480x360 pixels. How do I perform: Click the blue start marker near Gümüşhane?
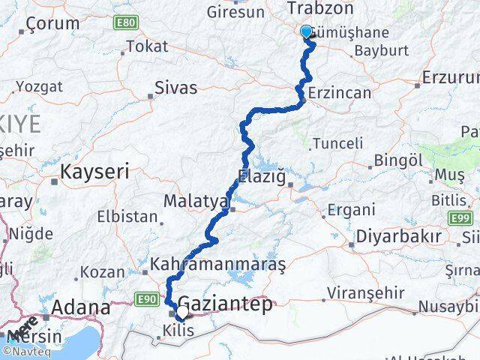point(306,31)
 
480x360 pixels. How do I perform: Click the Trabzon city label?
point(319,9)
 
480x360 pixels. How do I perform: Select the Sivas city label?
point(175,88)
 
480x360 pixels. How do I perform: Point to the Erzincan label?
point(340,93)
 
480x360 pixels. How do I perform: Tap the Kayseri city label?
point(94,172)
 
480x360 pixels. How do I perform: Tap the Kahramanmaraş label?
point(218,265)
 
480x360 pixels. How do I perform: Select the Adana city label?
point(81,307)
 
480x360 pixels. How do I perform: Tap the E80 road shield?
point(125,23)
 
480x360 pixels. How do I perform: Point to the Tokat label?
point(147,46)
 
